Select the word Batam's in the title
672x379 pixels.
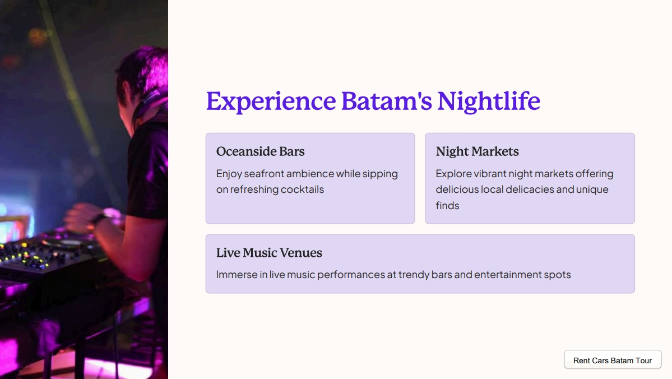point(387,101)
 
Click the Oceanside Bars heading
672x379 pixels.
point(260,151)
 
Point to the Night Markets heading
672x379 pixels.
point(477,151)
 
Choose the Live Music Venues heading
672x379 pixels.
point(269,252)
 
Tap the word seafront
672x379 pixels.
point(264,173)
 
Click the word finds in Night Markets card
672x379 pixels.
point(447,205)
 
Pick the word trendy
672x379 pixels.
point(414,275)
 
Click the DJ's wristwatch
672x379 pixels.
point(99,220)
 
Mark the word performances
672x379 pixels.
point(351,275)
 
